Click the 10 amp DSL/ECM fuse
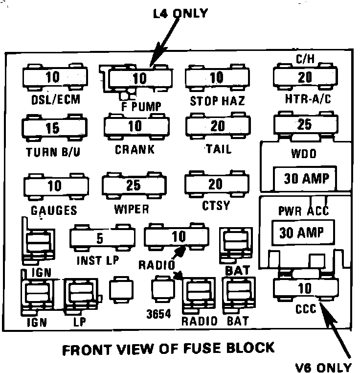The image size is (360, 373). point(55,77)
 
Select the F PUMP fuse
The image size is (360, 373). point(139,78)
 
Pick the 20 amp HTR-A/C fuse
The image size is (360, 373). point(305,76)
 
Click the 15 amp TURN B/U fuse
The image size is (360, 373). point(53,128)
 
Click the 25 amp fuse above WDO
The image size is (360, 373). point(305,124)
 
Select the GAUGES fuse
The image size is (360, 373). point(54,186)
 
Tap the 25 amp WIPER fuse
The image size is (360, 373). point(133,185)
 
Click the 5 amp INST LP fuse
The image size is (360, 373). point(100,238)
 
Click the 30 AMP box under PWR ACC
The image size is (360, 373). point(301,232)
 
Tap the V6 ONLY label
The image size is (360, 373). point(326,367)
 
